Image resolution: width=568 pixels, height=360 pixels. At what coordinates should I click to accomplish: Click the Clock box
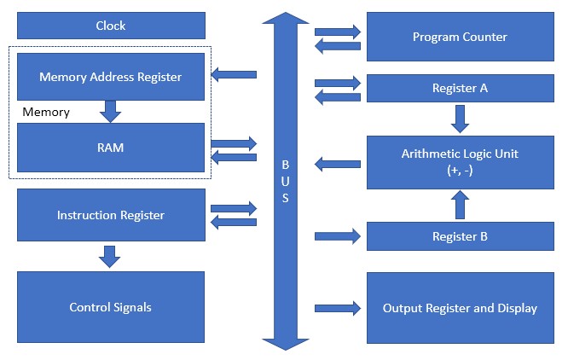pyautogui.click(x=111, y=26)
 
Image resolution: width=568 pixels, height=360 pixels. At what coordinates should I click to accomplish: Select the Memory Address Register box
pyautogui.click(x=111, y=77)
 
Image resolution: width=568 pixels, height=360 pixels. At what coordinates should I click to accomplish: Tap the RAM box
pyautogui.click(x=111, y=148)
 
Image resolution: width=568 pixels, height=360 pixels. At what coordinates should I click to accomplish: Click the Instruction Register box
pyautogui.click(x=111, y=215)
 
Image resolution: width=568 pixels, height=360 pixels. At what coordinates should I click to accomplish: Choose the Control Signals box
pyautogui.click(x=111, y=307)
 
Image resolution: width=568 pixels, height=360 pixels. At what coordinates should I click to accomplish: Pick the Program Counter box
pyautogui.click(x=460, y=37)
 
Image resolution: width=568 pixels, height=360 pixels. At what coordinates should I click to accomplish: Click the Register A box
pyautogui.click(x=460, y=88)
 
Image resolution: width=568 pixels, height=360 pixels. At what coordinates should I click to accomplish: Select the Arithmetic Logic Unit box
pyautogui.click(x=460, y=161)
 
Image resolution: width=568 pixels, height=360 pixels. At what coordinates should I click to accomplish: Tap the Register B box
pyautogui.click(x=460, y=236)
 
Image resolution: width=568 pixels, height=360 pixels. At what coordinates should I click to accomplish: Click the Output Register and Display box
pyautogui.click(x=460, y=308)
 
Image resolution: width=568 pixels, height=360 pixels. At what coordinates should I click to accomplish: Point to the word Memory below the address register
pyautogui.click(x=46, y=112)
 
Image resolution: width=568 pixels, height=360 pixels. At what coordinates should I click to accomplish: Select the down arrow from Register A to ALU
pyautogui.click(x=460, y=118)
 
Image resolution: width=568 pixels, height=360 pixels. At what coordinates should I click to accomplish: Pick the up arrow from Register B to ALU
pyautogui.click(x=460, y=206)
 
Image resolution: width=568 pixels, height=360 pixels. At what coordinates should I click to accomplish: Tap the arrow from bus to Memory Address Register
pyautogui.click(x=234, y=75)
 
